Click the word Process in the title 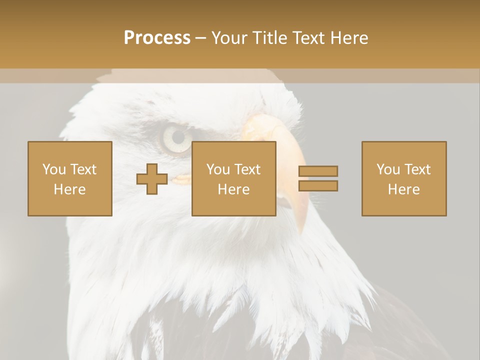[x=157, y=38]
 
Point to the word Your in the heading [x=229, y=38]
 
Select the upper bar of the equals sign [x=318, y=171]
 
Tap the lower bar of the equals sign [x=318, y=185]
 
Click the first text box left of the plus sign [x=70, y=178]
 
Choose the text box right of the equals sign [x=404, y=178]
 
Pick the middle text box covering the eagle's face [x=234, y=178]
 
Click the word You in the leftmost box [x=54, y=169]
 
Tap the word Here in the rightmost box [x=404, y=189]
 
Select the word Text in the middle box [x=247, y=169]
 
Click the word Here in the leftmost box [x=70, y=189]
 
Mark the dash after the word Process [x=200, y=38]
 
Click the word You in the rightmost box [x=388, y=169]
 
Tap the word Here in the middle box [x=234, y=189]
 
